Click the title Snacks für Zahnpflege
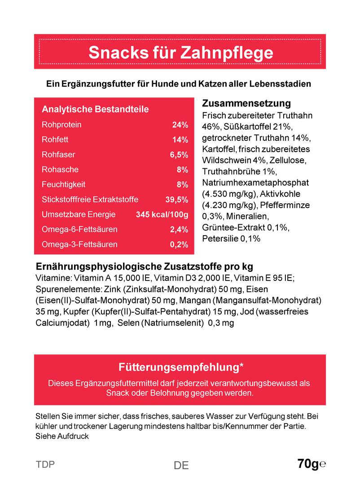(180, 52)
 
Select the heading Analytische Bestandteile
(95, 109)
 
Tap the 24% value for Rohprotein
(180, 125)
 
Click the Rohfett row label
(55, 140)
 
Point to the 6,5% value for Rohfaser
(179, 155)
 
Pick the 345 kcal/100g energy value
(162, 214)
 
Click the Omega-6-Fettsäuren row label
(79, 230)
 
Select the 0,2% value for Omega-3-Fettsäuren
(179, 245)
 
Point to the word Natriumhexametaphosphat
(252, 183)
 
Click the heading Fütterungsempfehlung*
(181, 368)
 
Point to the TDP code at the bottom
(45, 464)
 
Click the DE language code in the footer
(181, 466)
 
